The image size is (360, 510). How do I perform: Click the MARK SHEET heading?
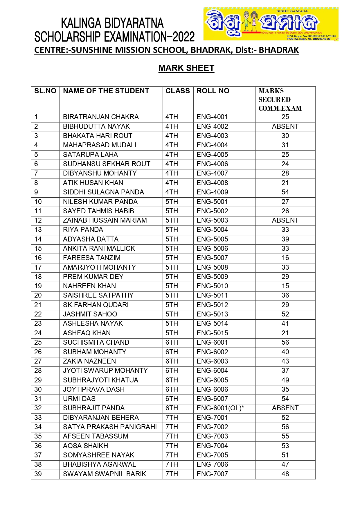(x=186, y=68)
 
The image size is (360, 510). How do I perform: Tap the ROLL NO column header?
(x=213, y=91)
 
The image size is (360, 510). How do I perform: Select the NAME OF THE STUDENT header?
(x=106, y=91)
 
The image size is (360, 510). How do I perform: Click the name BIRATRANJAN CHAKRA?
(x=101, y=117)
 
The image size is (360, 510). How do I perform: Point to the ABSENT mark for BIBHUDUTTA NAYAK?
(x=285, y=126)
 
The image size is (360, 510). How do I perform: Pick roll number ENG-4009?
(x=212, y=192)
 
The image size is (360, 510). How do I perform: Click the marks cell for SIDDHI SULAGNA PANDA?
(x=285, y=192)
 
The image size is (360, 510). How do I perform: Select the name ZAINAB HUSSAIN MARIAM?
(x=105, y=220)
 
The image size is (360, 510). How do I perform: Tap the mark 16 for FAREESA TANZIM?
(x=285, y=258)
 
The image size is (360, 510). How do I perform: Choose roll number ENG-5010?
(x=212, y=286)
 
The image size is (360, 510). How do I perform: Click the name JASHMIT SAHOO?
(x=90, y=314)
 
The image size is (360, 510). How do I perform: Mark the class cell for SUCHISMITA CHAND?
(x=172, y=342)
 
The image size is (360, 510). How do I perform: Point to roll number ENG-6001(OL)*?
(x=220, y=408)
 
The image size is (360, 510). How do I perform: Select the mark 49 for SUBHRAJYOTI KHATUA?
(x=285, y=380)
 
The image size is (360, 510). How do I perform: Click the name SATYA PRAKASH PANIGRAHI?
(x=110, y=427)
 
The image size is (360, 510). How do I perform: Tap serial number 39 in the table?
(x=38, y=474)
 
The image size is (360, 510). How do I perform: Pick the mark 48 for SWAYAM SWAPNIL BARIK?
(x=285, y=474)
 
